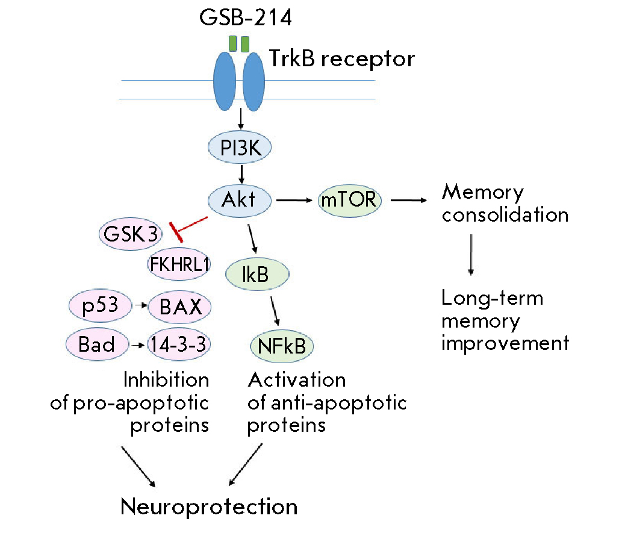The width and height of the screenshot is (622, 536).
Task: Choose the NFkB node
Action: coord(281,346)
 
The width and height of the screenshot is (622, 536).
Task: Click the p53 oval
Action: coord(100,306)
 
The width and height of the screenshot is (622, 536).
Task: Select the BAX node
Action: coord(179,308)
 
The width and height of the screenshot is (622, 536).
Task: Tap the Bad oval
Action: coord(96,344)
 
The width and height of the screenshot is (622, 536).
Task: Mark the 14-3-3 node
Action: coord(179,344)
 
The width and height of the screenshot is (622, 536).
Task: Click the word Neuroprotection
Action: coord(209,506)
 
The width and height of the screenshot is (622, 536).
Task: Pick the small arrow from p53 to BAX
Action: coord(142,307)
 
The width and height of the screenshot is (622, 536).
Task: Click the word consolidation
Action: coord(505,215)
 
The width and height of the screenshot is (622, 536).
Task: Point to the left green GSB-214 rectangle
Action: coord(233,43)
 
